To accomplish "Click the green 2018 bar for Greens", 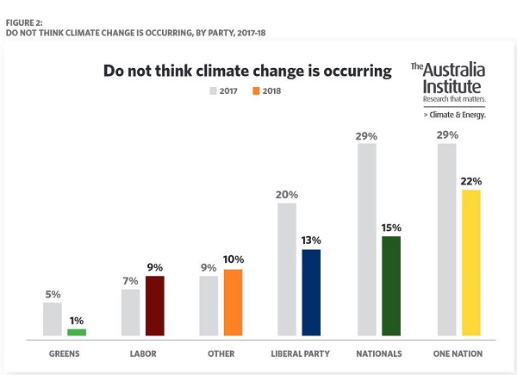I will (77, 332).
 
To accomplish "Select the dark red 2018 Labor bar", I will (155, 306).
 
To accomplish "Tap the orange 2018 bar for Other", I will (233, 303).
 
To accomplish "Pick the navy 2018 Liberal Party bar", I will (312, 292).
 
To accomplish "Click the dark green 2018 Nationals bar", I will (390, 285).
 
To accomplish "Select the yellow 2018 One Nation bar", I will (470, 262).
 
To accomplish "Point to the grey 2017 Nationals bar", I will (367, 240).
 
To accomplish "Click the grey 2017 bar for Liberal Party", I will (288, 269).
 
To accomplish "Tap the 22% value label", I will (470, 181).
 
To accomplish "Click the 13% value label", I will (312, 241).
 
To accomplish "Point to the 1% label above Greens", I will (78, 320).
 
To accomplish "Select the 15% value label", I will (391, 228).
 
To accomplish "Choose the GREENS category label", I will (64, 353).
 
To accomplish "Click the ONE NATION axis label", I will (458, 353).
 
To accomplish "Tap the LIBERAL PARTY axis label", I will (299, 353).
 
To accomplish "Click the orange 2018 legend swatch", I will (256, 91).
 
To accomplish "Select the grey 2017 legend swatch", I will (212, 91).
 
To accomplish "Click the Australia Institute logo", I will (447, 89).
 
